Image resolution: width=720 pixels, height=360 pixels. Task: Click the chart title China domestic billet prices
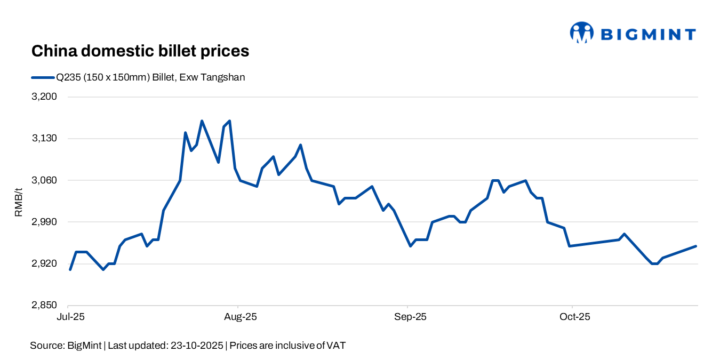point(140,51)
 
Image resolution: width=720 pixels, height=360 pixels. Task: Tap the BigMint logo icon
point(581,33)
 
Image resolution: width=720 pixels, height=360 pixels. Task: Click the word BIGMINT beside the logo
point(648,35)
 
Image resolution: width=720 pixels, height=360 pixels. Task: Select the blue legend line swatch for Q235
point(43,77)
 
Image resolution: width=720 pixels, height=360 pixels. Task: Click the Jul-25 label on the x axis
point(70,317)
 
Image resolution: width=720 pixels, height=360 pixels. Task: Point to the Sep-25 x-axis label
point(410,317)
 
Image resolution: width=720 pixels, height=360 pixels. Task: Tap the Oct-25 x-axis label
point(575,317)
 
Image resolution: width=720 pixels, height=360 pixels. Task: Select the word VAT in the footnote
point(336,346)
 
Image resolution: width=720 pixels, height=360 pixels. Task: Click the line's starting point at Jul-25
point(70,269)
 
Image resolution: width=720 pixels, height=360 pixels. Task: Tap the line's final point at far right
point(697,246)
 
